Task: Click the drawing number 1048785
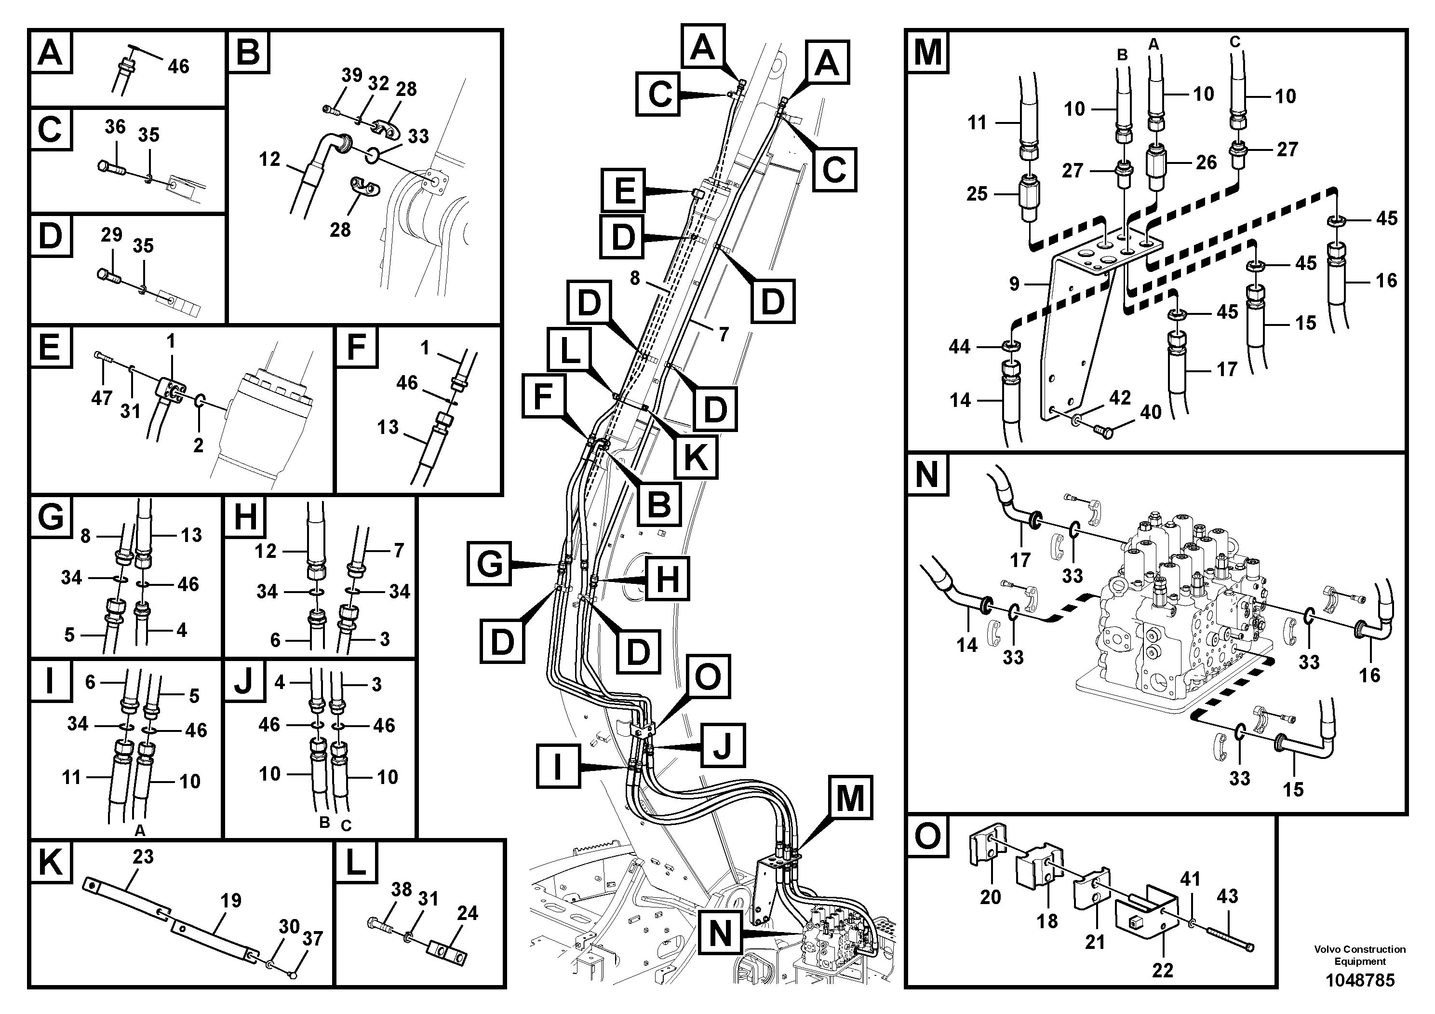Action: coord(1360,980)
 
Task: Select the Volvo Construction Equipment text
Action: coord(1360,955)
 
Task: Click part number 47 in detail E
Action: coord(101,398)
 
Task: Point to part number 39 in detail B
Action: coord(352,75)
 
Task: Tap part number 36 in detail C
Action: coord(115,127)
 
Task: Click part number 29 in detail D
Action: coord(111,235)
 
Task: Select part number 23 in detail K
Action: coord(143,856)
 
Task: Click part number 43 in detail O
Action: coord(1227,896)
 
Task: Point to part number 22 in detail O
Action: coord(1163,970)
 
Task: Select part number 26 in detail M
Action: coord(1206,162)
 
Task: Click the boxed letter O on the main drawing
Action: coord(708,676)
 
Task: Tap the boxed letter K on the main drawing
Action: coord(696,458)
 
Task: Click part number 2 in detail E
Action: coord(198,445)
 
